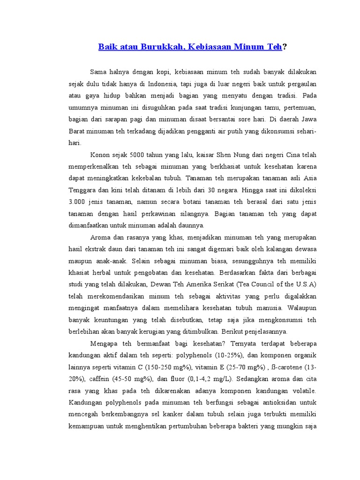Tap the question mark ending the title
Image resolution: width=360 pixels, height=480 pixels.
284,46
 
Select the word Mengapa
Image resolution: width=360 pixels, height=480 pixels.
105,344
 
